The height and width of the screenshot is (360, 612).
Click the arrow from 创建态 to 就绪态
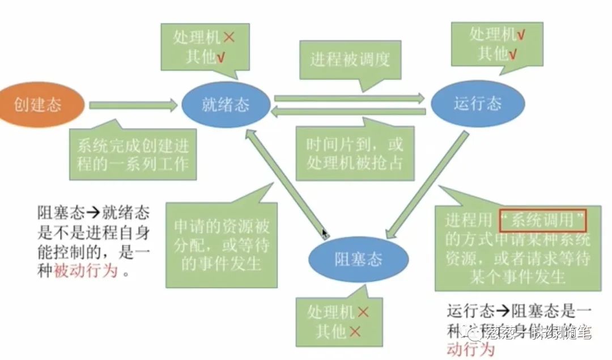134,104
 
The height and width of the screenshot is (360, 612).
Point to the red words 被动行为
86,271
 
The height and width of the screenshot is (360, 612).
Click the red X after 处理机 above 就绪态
229,38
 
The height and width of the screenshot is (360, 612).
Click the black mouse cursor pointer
325,234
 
